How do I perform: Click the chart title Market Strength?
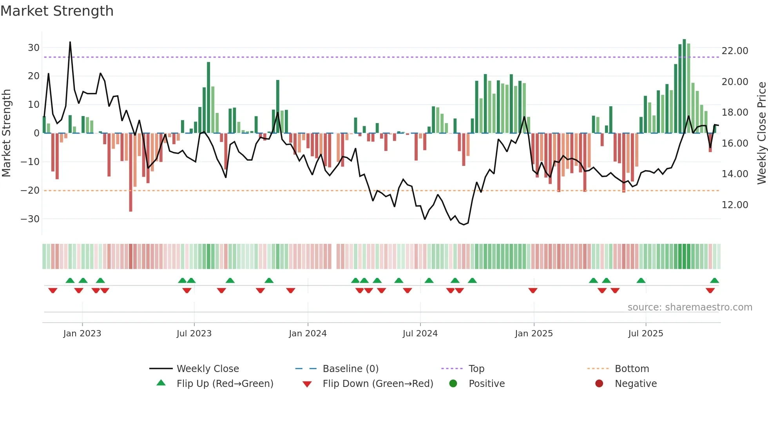click(57, 11)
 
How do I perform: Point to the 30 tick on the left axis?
click(33, 48)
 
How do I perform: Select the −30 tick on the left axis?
click(30, 219)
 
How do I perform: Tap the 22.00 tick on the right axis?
click(735, 51)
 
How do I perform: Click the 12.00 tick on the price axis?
click(735, 205)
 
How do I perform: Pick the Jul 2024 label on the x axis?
click(420, 334)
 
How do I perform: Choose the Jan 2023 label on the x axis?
click(82, 334)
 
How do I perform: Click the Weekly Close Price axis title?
click(761, 133)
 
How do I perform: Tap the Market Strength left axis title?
click(6, 133)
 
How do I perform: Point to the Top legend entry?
click(476, 369)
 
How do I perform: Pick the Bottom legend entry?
click(632, 369)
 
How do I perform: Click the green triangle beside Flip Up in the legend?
click(161, 383)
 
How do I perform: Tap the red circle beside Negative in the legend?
click(599, 383)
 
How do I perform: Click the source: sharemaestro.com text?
click(690, 307)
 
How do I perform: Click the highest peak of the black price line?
click(70, 42)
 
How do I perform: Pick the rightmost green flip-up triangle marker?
click(714, 281)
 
